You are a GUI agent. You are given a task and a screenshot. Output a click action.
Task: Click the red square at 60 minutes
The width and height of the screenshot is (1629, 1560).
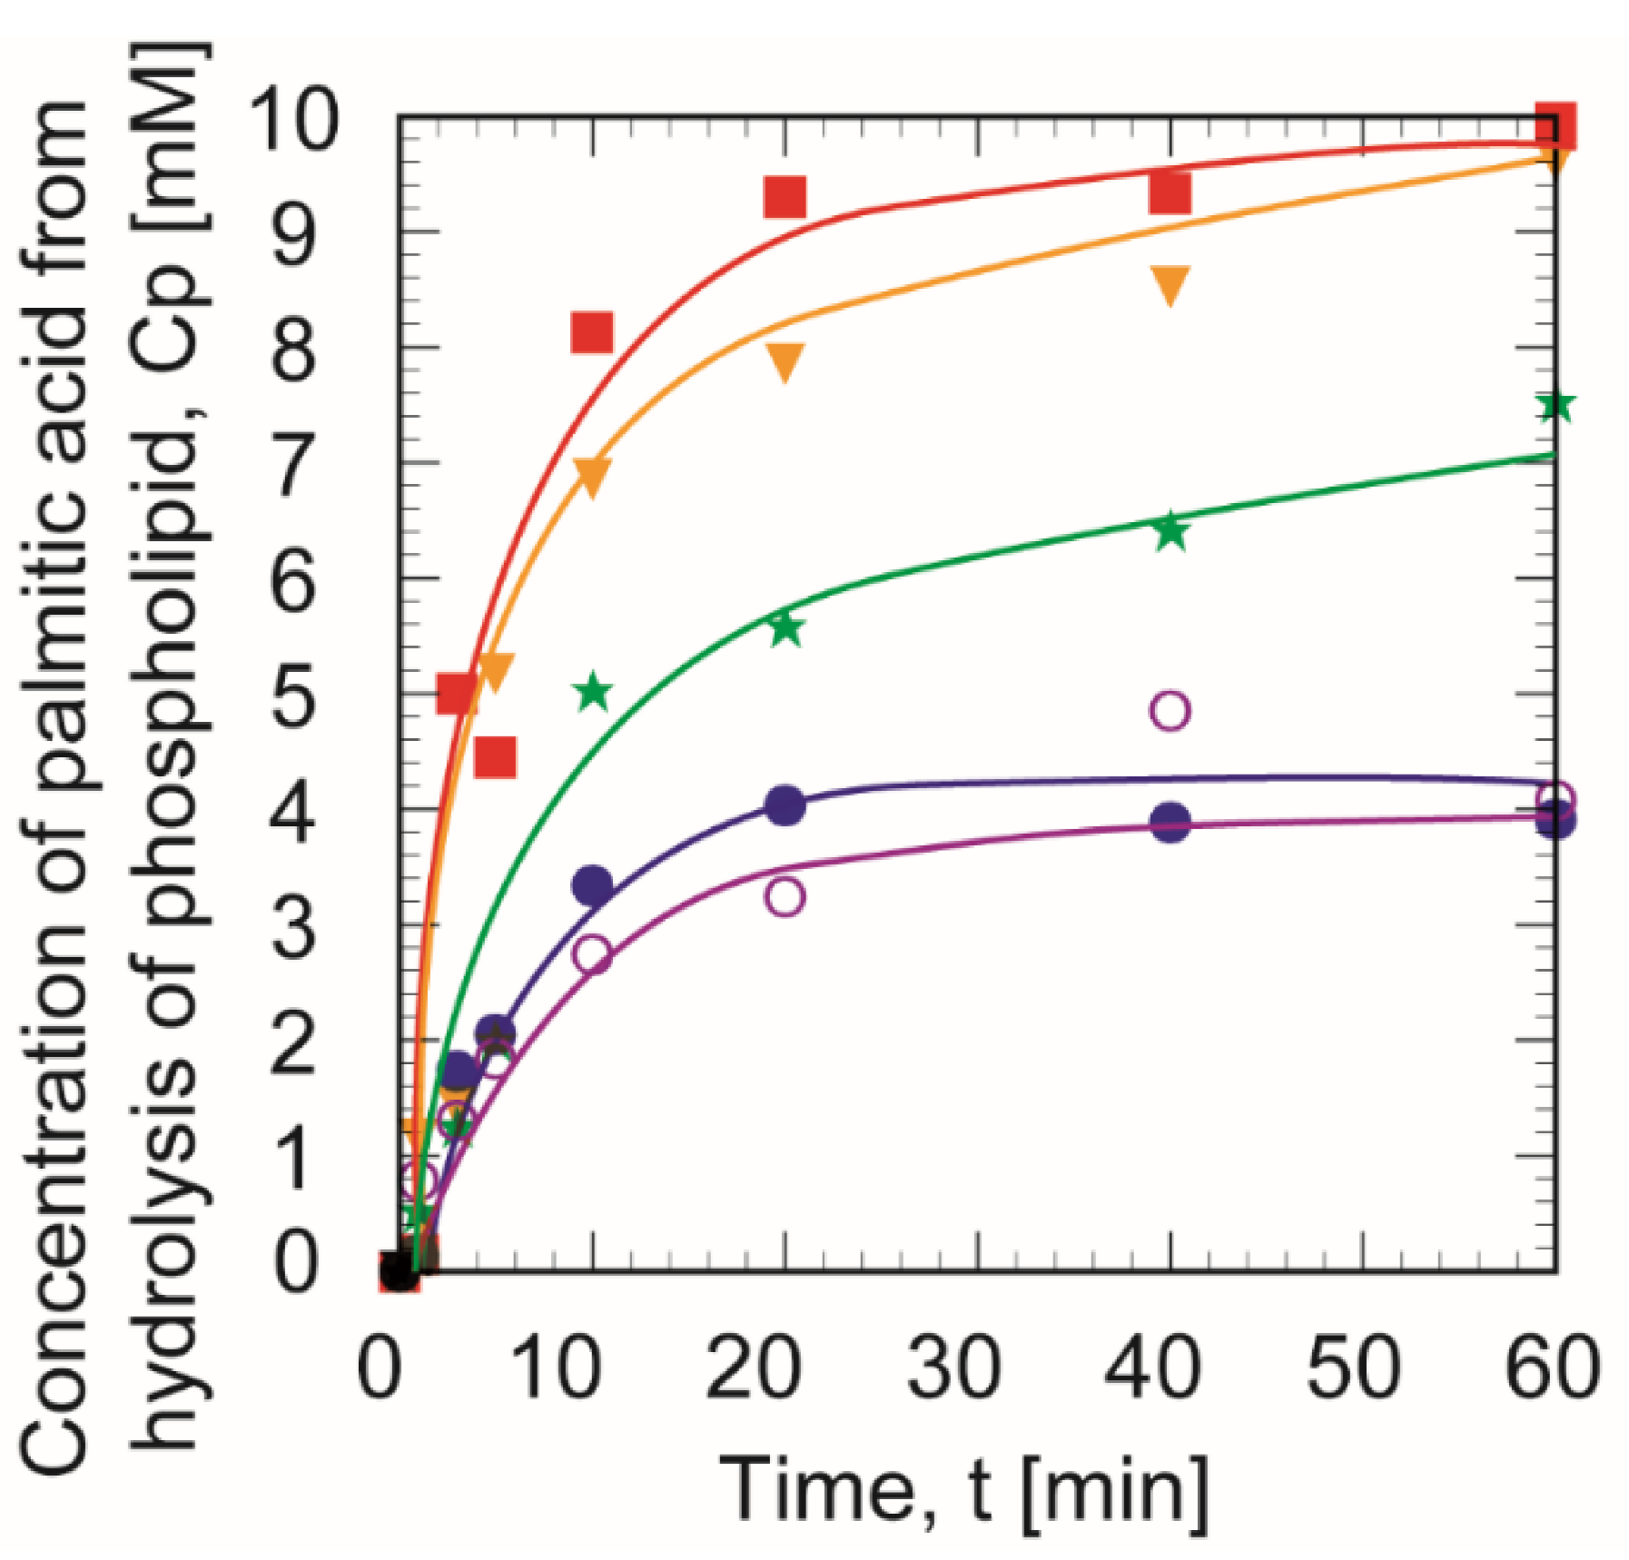click(1554, 127)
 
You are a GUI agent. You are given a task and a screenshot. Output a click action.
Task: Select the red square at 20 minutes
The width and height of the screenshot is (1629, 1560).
click(785, 197)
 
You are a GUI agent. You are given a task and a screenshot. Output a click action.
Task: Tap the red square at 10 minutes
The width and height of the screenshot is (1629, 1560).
click(592, 332)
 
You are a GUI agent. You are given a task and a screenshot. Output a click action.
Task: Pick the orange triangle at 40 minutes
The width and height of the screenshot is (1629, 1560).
click(1170, 285)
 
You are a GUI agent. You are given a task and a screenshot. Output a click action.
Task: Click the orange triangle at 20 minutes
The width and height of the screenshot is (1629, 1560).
click(785, 361)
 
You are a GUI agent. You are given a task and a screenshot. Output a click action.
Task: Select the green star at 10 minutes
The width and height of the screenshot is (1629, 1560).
click(593, 693)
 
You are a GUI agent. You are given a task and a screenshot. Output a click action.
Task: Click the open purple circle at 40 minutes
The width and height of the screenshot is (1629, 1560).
click(1170, 710)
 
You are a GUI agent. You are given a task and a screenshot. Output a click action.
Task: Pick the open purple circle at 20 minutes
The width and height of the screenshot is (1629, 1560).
click(785, 897)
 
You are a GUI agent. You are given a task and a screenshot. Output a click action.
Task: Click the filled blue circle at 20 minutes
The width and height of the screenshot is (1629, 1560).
click(785, 805)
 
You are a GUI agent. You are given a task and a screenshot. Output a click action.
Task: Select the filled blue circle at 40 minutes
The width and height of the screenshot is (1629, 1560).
click(1170, 824)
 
